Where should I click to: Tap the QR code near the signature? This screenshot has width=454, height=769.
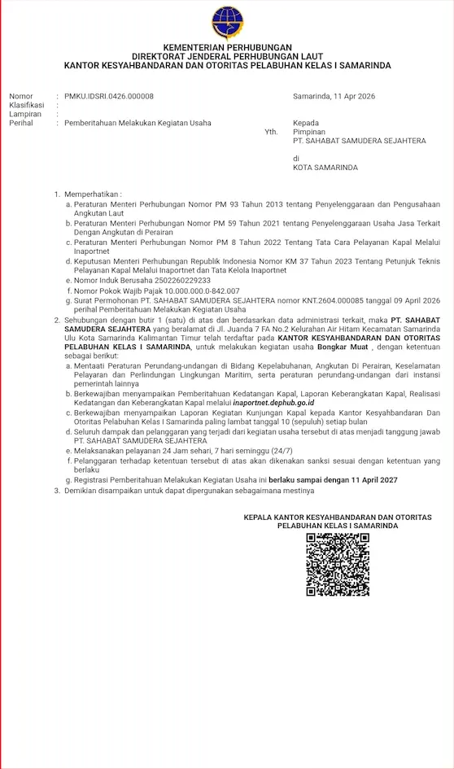(x=338, y=564)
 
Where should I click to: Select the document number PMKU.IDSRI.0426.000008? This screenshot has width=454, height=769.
(x=109, y=96)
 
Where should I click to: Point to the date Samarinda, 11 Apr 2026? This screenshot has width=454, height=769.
(x=332, y=96)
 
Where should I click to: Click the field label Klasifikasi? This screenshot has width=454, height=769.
(x=27, y=105)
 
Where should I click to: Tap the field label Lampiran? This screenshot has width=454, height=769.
(x=25, y=114)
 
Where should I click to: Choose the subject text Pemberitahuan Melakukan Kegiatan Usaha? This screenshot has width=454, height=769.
(x=138, y=123)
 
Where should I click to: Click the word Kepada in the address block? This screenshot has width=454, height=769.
(x=306, y=123)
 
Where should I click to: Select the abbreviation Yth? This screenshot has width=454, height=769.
(x=271, y=132)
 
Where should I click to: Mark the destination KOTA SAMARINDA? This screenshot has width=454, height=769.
(x=325, y=168)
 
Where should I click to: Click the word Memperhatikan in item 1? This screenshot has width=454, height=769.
(x=92, y=194)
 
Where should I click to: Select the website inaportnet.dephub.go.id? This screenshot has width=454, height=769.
(x=273, y=403)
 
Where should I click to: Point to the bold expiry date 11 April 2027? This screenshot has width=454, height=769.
(x=369, y=480)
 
